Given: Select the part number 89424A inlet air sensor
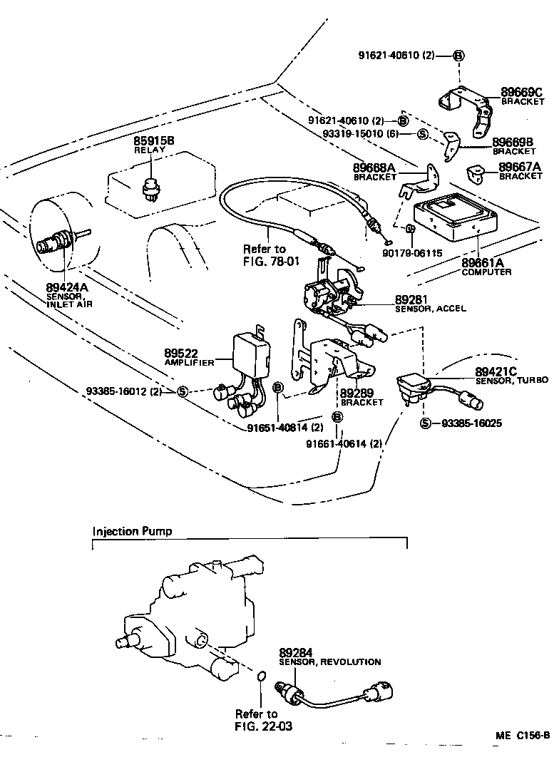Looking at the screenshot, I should point(66,288).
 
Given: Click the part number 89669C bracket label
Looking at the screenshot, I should point(521,93).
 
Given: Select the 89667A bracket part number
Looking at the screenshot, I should point(520,167).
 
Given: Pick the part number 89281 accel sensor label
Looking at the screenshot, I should point(411,299).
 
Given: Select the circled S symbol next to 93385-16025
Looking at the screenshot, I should point(426,423).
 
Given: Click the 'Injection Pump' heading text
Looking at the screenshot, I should point(132,531).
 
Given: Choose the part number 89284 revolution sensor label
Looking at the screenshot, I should point(296,652).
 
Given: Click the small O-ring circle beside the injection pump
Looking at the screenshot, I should point(262,676).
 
